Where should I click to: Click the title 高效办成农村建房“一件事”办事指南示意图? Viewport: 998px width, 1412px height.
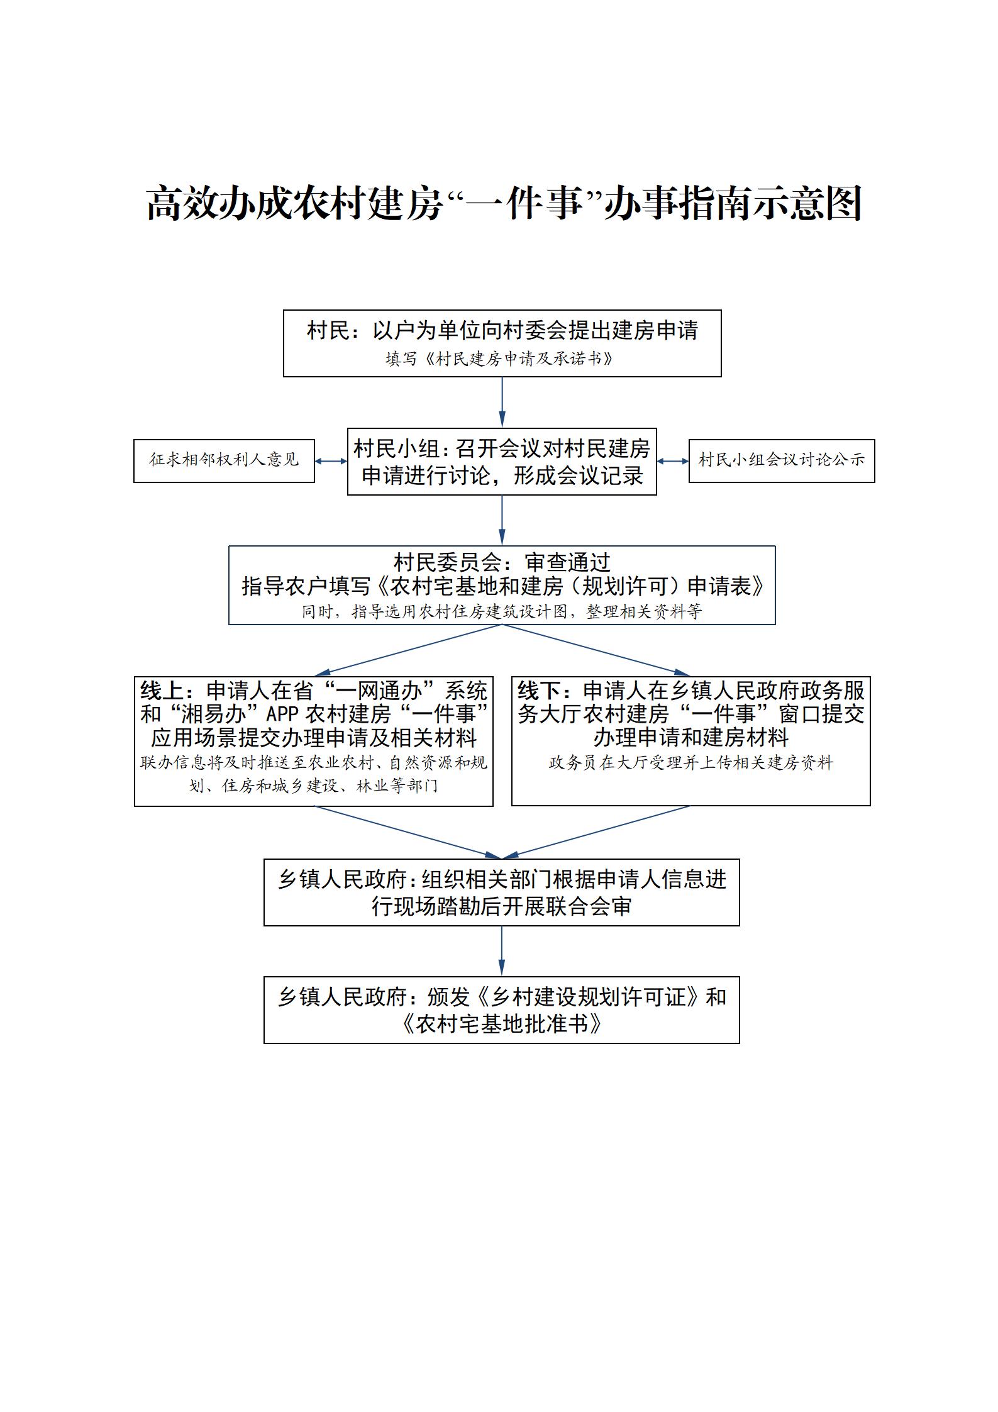click(503, 203)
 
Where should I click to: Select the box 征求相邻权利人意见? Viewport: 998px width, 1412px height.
click(224, 461)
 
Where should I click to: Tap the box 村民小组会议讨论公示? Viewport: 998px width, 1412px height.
click(782, 461)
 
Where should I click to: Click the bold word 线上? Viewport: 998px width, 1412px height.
click(162, 691)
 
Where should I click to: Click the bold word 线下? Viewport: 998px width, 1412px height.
click(539, 691)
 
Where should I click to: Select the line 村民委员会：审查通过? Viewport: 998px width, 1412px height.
click(502, 562)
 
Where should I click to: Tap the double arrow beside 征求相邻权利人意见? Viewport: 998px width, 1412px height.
click(331, 461)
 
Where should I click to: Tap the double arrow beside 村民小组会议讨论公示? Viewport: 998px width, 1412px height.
click(673, 461)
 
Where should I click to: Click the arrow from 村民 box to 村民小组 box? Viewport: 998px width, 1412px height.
click(502, 402)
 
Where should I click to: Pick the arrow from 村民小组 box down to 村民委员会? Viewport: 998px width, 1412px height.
click(502, 520)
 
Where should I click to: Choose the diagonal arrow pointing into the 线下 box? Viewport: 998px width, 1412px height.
click(596, 650)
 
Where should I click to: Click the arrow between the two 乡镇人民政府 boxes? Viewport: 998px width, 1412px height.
click(502, 951)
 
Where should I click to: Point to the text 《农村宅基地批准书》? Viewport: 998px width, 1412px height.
click(502, 1025)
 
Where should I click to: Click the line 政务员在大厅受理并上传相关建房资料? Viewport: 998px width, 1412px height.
click(690, 763)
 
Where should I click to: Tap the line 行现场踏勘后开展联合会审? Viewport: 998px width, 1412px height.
click(502, 907)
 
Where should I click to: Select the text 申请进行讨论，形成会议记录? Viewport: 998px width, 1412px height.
click(502, 475)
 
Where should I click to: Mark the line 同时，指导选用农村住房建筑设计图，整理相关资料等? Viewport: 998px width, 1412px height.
click(502, 611)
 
